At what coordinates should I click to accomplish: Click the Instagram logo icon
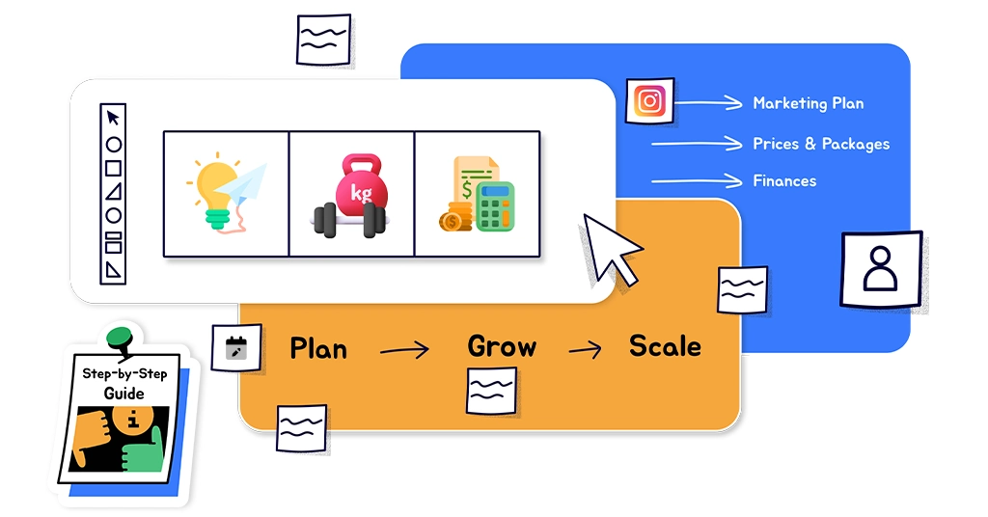click(x=649, y=100)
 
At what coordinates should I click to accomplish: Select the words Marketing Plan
click(x=808, y=103)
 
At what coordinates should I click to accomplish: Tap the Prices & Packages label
click(x=821, y=144)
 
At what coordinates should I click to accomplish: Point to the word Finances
click(x=784, y=180)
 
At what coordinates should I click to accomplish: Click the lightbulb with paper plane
click(x=225, y=193)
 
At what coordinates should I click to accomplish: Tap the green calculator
click(x=494, y=205)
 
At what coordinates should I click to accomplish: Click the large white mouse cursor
click(x=610, y=247)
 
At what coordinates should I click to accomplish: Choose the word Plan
click(x=318, y=348)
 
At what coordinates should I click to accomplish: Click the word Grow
click(x=502, y=346)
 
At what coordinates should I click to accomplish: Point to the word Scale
click(x=665, y=345)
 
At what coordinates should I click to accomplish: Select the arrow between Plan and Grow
click(x=405, y=350)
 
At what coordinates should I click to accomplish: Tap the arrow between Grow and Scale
click(x=585, y=349)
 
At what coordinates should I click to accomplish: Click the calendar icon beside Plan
click(x=235, y=347)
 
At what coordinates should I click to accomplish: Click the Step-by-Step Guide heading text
click(x=124, y=384)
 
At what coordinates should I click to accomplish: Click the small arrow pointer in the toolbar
click(x=113, y=118)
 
